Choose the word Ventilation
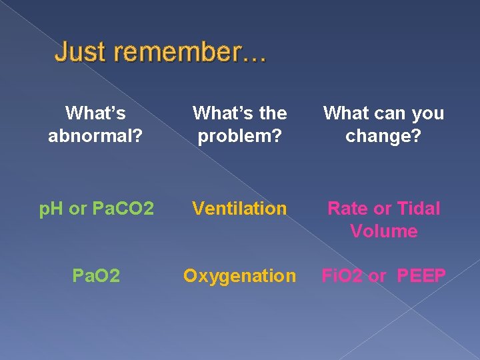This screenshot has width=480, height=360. (239, 209)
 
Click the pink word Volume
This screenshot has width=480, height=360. (383, 231)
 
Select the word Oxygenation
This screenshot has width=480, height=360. (239, 276)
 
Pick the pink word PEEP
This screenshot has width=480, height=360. (421, 276)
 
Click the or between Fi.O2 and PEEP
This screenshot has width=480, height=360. (377, 276)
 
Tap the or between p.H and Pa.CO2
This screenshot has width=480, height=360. (77, 209)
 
